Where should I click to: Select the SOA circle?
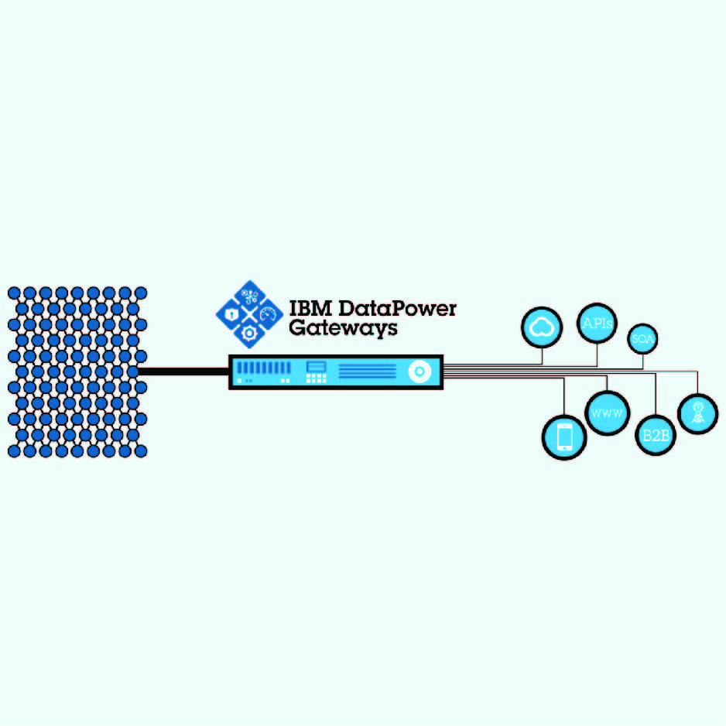[642, 339]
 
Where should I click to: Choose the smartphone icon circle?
[564, 437]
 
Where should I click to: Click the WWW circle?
[607, 413]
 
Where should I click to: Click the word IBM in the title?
[306, 308]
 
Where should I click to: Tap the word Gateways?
[343, 327]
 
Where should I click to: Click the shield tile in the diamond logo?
[231, 314]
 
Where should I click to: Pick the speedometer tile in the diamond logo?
[268, 314]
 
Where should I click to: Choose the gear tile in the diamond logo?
[249, 333]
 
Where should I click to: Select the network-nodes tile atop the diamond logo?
[249, 296]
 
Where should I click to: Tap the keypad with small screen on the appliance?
[316, 372]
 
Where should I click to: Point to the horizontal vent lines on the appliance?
[367, 372]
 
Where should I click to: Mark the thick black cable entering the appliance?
[183, 372]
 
